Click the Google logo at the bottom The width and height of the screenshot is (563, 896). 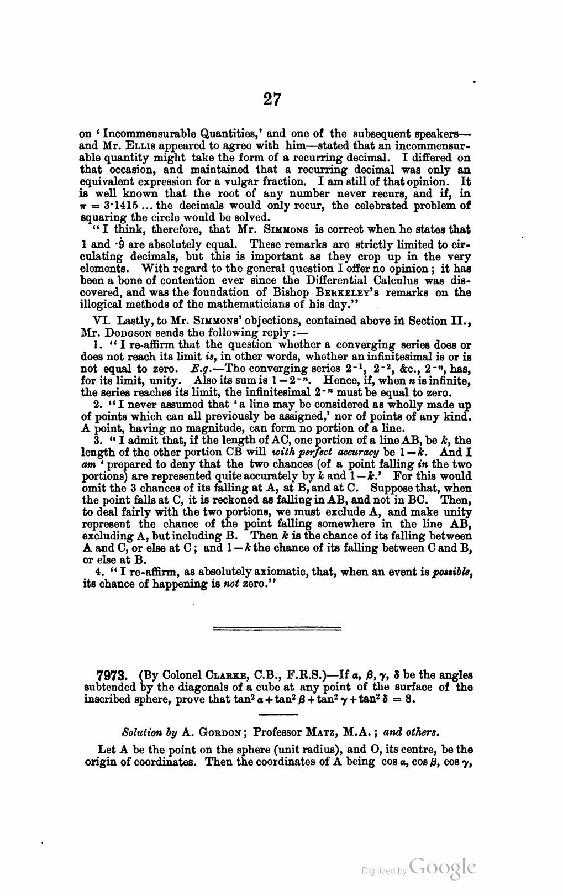coord(443,867)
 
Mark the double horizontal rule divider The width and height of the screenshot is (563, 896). coord(277,628)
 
